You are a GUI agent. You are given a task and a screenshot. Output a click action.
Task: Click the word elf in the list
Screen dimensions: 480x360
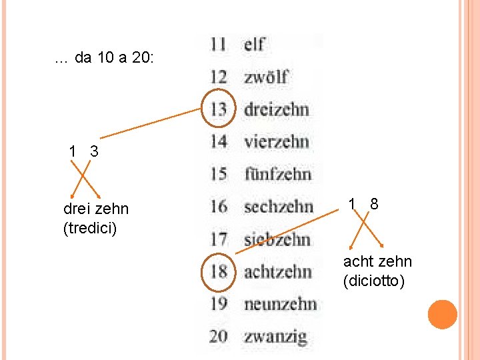[255, 45]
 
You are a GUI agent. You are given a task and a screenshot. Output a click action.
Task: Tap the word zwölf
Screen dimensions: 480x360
[266, 77]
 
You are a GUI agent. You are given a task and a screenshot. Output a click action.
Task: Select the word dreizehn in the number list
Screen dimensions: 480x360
[276, 109]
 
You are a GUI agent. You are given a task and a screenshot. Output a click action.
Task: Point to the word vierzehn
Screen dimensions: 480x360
[276, 141]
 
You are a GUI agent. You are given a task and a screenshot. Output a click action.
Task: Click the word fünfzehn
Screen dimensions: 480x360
[277, 174]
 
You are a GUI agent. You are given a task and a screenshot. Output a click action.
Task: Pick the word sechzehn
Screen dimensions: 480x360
[278, 207]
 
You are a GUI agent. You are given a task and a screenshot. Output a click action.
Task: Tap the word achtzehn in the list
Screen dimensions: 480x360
[277, 271]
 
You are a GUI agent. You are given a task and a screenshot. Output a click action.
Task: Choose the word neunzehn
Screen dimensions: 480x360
[280, 304]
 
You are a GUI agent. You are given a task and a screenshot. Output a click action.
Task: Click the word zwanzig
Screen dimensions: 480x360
[275, 337]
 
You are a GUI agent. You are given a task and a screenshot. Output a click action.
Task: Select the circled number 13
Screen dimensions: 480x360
[219, 109]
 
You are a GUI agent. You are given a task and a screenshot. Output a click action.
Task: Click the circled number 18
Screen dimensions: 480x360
[219, 271]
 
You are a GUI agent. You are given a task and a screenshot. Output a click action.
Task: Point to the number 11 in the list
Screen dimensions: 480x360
[218, 45]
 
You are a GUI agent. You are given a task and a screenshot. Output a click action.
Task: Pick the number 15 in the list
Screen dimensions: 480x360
[219, 174]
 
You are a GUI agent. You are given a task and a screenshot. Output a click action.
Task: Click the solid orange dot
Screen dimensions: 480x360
[443, 315]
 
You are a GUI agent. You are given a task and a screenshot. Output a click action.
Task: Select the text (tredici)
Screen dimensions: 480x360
[90, 229]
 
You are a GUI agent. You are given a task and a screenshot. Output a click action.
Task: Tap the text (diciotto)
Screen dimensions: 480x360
[374, 281]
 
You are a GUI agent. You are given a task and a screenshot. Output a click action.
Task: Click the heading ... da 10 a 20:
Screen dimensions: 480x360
[105, 58]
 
